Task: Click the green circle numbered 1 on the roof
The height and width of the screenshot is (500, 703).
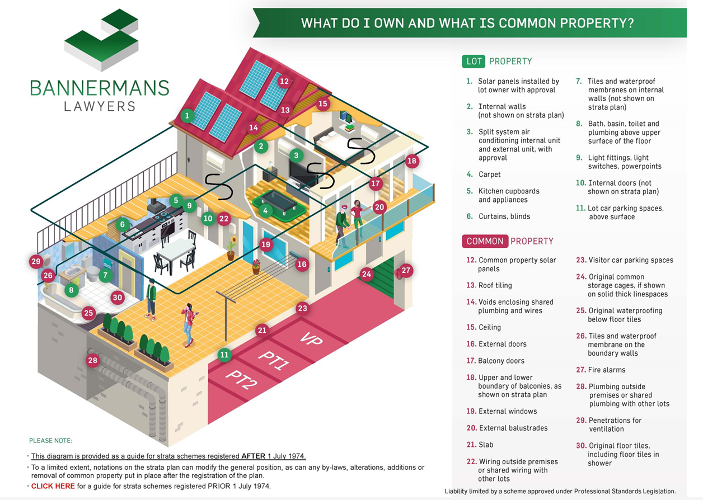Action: tap(187, 116)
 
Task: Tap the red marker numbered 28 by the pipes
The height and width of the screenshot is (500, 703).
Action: tap(92, 360)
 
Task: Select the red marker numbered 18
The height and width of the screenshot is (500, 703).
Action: tap(412, 161)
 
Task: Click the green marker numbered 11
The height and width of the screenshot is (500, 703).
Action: tap(224, 355)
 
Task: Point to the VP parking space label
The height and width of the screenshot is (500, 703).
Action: tap(311, 339)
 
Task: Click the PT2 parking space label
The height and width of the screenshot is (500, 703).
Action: tap(241, 380)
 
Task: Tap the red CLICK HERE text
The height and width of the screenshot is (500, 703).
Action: tap(53, 486)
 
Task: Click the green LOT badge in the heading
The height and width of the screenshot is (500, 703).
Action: tap(474, 61)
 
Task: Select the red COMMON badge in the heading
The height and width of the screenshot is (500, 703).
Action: tap(485, 241)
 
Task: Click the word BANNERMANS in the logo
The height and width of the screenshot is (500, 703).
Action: tap(100, 88)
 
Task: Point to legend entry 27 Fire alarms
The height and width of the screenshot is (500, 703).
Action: tap(601, 370)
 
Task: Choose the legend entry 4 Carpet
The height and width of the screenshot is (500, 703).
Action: tap(484, 174)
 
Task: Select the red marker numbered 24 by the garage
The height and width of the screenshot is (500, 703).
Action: tap(367, 274)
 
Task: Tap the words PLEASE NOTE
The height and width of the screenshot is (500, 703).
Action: tap(50, 441)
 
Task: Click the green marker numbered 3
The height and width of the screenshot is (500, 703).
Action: tap(296, 155)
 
